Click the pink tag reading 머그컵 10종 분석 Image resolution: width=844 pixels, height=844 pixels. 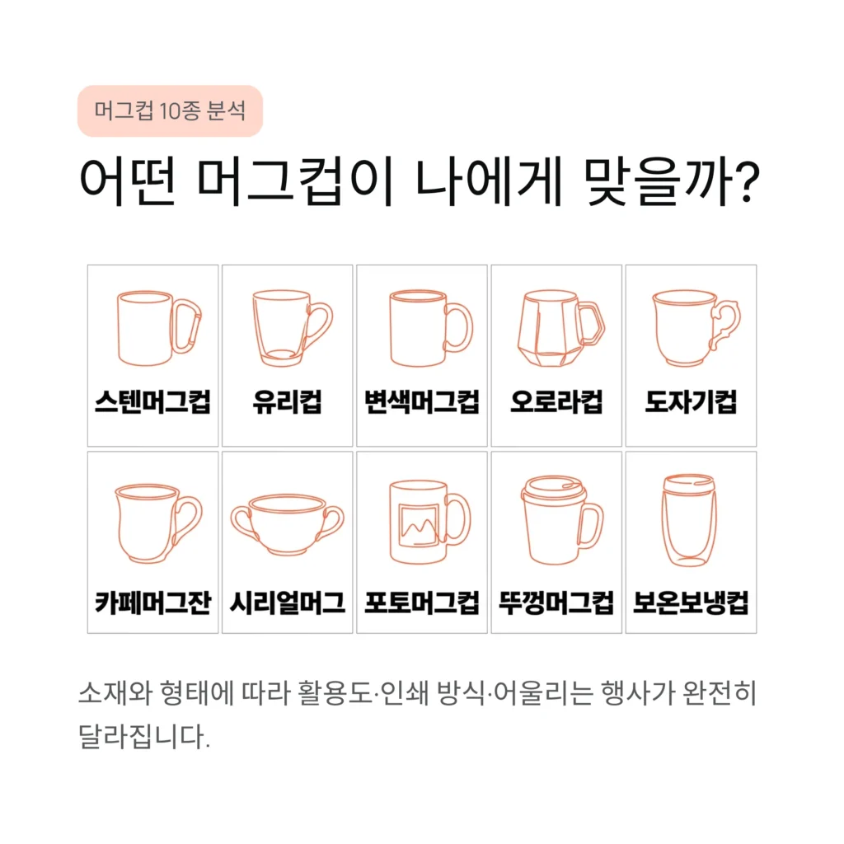169,110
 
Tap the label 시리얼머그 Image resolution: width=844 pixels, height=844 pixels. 288,603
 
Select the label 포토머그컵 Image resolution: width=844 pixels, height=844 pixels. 422,603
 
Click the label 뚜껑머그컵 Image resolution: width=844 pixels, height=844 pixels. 556,603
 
